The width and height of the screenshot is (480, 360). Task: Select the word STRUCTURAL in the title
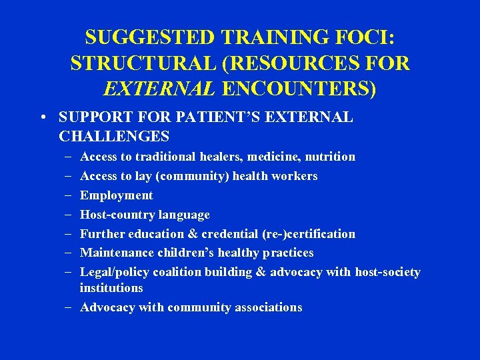pyautogui.click(x=143, y=63)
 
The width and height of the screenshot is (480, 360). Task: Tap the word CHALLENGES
pyautogui.click(x=114, y=137)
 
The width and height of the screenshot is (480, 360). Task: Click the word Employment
pyautogui.click(x=116, y=195)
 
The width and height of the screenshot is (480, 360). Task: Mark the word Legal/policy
pyautogui.click(x=115, y=272)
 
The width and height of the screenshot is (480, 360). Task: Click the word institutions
pyautogui.click(x=111, y=288)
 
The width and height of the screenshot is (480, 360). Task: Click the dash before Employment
pyautogui.click(x=70, y=195)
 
